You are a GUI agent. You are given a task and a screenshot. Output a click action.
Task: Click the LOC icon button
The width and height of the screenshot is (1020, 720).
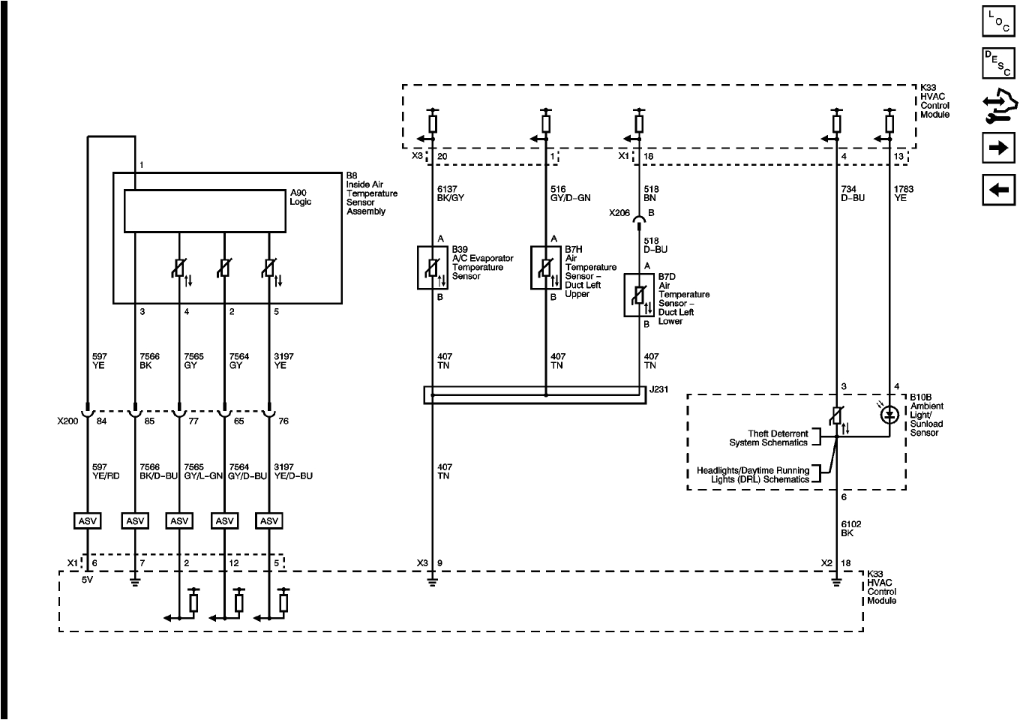click(998, 21)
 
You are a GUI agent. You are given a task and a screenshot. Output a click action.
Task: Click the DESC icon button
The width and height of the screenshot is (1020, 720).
click(998, 64)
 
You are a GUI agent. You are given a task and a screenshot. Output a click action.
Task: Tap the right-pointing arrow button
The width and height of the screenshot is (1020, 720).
click(998, 148)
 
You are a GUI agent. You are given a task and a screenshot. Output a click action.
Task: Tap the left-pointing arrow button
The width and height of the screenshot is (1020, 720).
click(998, 190)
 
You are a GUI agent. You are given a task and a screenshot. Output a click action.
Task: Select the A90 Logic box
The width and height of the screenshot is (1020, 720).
click(205, 211)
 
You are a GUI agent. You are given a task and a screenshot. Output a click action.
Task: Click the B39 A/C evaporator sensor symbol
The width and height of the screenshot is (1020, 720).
click(432, 267)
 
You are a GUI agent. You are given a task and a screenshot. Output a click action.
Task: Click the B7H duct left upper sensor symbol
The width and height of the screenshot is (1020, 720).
click(545, 267)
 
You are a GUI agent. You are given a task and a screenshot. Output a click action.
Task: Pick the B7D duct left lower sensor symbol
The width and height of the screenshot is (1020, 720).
click(639, 295)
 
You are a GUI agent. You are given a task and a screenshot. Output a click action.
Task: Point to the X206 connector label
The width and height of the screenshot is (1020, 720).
click(619, 213)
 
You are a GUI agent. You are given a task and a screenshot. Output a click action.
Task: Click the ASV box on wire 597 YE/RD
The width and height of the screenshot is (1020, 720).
click(88, 520)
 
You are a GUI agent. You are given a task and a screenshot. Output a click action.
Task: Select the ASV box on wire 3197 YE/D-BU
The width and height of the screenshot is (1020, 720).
click(269, 520)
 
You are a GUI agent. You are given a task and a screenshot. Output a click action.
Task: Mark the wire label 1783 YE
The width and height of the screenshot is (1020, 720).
click(904, 194)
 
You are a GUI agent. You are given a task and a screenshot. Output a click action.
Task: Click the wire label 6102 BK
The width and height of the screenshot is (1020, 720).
click(847, 529)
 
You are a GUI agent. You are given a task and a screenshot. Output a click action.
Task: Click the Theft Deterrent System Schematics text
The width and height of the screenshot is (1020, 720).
click(768, 438)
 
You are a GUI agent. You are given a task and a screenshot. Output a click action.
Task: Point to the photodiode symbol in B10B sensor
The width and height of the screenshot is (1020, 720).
click(889, 413)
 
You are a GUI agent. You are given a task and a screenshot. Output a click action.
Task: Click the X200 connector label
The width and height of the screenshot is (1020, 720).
click(68, 421)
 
